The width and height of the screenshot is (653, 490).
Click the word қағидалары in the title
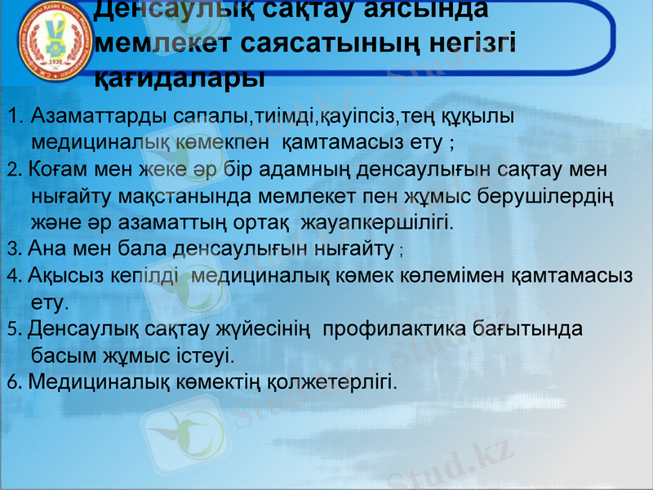pos(180,78)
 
